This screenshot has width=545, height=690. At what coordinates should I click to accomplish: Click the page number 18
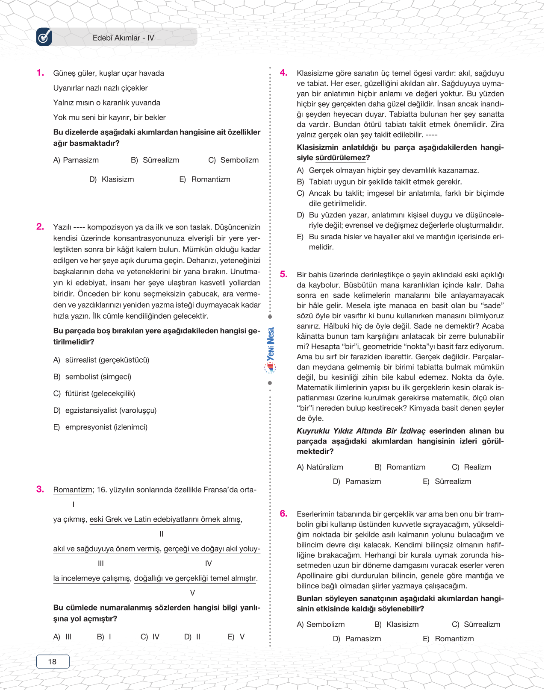click(53, 661)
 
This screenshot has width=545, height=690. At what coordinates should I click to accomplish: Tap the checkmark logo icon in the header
click(44, 37)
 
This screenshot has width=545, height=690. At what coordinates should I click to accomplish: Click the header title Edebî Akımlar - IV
click(123, 38)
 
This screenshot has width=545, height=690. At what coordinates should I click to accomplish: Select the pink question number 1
click(40, 73)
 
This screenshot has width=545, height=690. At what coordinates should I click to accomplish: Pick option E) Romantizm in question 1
click(205, 179)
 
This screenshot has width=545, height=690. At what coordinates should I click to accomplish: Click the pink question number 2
click(40, 226)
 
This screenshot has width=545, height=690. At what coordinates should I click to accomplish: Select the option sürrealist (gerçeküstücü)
click(107, 360)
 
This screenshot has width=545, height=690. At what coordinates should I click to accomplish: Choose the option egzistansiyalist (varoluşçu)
click(111, 410)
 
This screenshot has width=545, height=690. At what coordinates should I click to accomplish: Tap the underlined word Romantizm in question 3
click(72, 490)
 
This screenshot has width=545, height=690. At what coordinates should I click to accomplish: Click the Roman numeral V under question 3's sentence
click(192, 593)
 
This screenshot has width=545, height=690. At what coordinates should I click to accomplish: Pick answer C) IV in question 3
click(150, 637)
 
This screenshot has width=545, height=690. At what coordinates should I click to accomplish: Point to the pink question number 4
click(283, 73)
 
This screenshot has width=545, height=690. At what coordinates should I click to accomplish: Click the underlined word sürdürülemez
click(341, 158)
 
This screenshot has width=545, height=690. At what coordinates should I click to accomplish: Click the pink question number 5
click(283, 274)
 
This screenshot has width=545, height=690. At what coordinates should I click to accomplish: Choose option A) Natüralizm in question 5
click(320, 467)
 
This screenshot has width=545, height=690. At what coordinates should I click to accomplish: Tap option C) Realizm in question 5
click(471, 467)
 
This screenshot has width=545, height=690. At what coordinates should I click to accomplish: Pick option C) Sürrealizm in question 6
click(476, 624)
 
